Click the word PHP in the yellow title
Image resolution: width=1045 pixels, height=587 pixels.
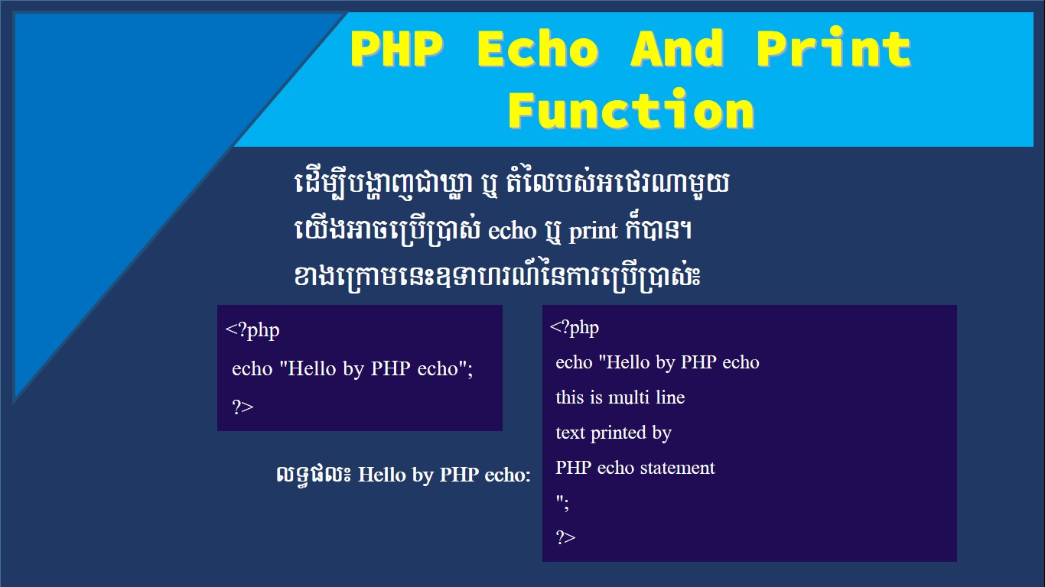[396, 48]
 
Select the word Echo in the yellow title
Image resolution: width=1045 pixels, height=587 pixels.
[538, 48]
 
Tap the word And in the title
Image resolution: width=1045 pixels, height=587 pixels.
[677, 48]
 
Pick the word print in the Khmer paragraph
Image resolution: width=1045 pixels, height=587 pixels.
[593, 231]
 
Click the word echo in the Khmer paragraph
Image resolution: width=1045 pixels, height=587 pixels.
[513, 231]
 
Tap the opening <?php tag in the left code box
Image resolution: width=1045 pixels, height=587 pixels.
[252, 330]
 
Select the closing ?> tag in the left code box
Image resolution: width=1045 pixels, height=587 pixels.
[243, 407]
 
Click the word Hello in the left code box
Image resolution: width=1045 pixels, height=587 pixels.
[312, 368]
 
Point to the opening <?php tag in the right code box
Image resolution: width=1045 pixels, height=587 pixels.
[575, 327]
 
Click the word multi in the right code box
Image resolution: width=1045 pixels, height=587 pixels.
[629, 397]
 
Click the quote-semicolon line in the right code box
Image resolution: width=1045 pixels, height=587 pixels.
[562, 503]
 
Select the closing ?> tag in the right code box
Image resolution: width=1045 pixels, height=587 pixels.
[565, 537]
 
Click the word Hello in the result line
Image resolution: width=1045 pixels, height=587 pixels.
[382, 475]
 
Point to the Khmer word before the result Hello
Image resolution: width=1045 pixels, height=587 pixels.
[313, 475]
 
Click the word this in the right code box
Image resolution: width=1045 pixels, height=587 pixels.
[570, 397]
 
